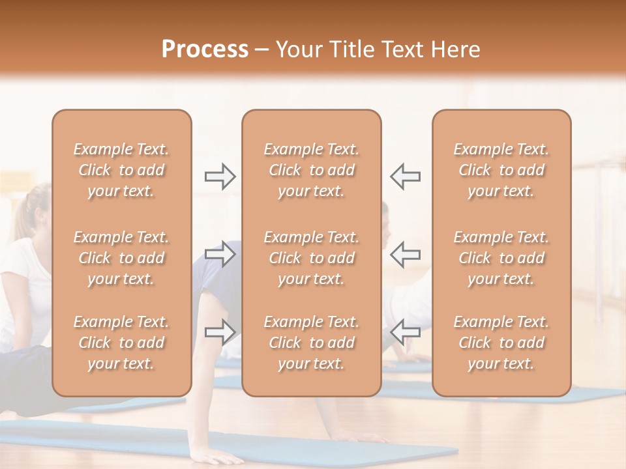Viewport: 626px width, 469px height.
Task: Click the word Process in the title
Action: click(205, 50)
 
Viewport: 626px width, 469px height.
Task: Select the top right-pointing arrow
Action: click(220, 177)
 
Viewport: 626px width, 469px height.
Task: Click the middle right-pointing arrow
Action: click(220, 254)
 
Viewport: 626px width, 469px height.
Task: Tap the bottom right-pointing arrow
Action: click(220, 332)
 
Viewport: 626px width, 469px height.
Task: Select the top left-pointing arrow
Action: click(405, 177)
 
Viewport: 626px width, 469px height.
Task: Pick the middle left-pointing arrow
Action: click(405, 254)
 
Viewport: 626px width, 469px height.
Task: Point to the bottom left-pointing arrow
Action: click(405, 332)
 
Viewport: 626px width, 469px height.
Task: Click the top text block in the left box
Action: click(121, 170)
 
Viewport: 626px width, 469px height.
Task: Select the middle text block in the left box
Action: click(121, 258)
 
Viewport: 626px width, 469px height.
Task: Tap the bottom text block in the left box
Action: click(121, 343)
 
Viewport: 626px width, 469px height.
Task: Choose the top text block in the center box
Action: click(312, 170)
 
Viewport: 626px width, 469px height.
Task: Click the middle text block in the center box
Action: click(312, 258)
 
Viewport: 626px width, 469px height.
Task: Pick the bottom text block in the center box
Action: click(312, 343)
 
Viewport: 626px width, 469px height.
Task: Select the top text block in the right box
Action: click(501, 170)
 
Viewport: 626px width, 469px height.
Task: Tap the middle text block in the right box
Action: click(501, 258)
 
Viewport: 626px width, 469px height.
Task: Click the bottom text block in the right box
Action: click(501, 343)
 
